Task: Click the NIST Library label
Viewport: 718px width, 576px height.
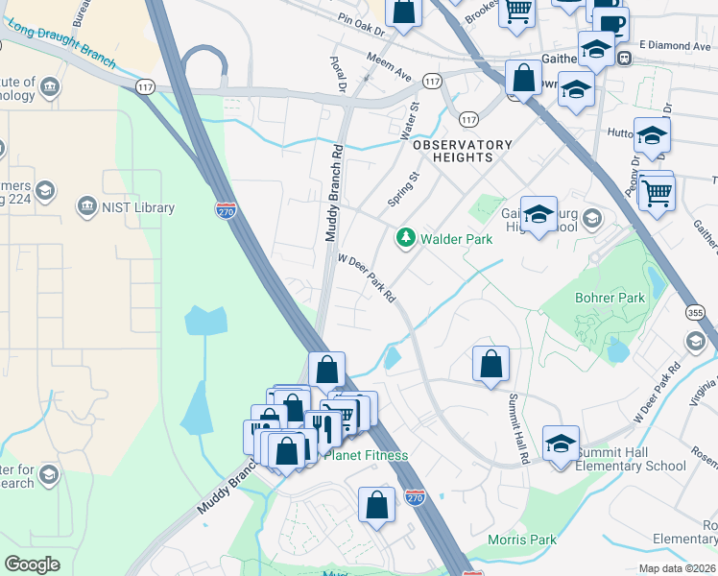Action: coord(138,207)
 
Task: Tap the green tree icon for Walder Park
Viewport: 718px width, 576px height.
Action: coord(406,237)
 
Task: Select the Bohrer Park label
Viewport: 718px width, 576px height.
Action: coord(610,298)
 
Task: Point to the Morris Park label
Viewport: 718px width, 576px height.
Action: coord(521,540)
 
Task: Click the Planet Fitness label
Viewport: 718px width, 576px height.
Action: coord(365,455)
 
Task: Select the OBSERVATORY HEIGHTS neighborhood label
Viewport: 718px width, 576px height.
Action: coord(462,151)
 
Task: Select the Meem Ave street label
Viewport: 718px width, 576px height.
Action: coord(390,67)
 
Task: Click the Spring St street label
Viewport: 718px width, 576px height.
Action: coord(404,188)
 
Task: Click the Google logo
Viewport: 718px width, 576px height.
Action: coord(32,564)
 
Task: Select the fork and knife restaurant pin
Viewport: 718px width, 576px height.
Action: coord(322,424)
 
